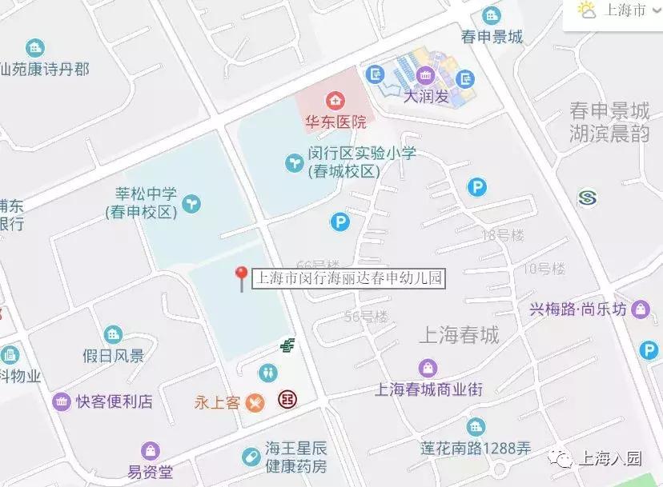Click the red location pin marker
point(240,277)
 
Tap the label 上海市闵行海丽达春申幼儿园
point(348,278)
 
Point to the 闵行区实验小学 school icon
point(295,163)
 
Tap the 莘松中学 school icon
point(191,203)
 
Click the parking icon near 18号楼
point(477,188)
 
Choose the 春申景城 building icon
point(492,15)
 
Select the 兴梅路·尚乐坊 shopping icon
point(641,309)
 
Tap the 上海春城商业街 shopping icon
point(429,369)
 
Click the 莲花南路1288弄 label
point(476,449)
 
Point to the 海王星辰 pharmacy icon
point(251,457)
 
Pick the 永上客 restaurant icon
point(255,402)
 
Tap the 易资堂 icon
point(150,452)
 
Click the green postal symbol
point(287,345)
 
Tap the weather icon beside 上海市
point(588,10)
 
